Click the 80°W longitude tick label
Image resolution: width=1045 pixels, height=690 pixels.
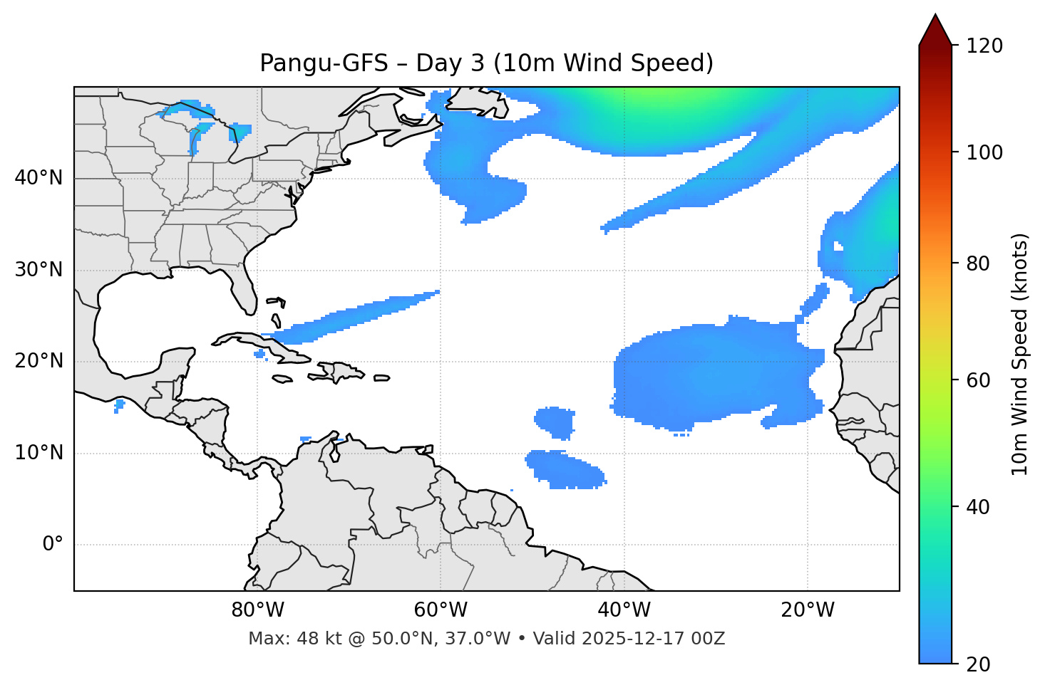tap(257, 610)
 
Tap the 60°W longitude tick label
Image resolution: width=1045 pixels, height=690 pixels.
tap(441, 610)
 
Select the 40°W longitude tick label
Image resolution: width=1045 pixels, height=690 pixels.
tap(624, 610)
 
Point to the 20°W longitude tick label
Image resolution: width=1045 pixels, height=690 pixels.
tap(807, 610)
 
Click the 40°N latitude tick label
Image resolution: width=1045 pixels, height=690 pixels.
tap(38, 178)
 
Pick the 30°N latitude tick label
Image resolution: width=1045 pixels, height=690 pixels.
tap(38, 270)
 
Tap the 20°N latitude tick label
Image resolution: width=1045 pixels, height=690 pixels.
tap(38, 361)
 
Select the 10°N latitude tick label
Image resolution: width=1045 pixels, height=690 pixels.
tap(38, 453)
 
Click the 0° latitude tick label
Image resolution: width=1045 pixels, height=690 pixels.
tap(53, 545)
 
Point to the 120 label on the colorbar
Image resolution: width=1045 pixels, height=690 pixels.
tap(984, 46)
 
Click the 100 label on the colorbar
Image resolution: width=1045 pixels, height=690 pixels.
tap(984, 152)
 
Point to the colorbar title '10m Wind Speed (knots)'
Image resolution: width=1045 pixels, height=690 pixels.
tap(1020, 354)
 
